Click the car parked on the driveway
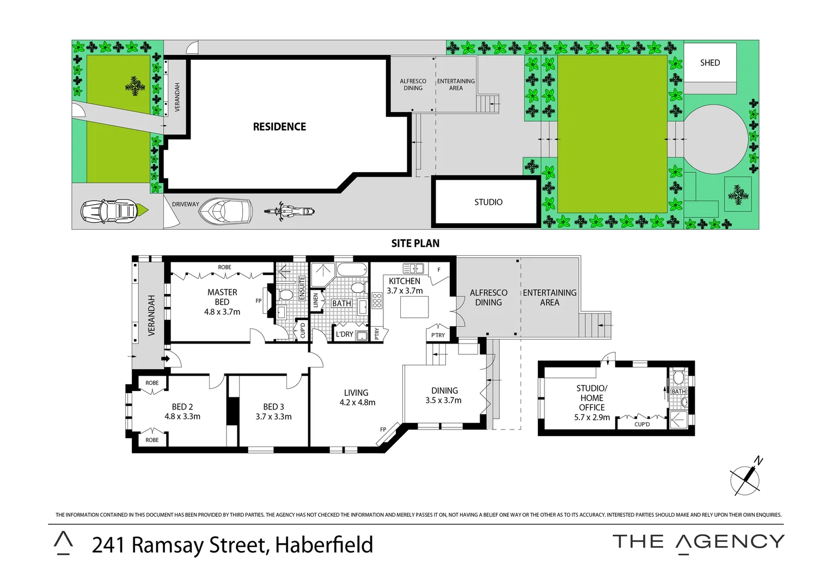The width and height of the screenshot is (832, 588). click(x=109, y=211)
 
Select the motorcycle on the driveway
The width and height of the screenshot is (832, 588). click(x=289, y=211)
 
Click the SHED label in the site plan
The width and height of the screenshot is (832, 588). click(x=709, y=63)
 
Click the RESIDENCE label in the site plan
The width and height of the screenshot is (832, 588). click(x=279, y=127)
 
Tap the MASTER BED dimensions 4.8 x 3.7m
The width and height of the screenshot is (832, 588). click(x=222, y=312)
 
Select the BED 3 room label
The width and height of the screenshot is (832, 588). click(x=273, y=407)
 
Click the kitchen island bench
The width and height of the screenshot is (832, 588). click(x=414, y=307)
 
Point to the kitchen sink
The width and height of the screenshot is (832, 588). click(x=413, y=268)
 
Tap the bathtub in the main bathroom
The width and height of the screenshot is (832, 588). click(x=352, y=270)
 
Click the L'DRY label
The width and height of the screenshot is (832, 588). click(x=344, y=334)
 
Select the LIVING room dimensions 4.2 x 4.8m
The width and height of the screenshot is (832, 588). click(x=357, y=403)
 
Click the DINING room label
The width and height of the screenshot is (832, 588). click(x=444, y=390)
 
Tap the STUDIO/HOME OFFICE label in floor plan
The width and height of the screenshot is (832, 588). click(x=591, y=398)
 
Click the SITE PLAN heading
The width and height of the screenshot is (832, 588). click(x=415, y=243)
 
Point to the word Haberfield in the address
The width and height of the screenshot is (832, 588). click(x=324, y=545)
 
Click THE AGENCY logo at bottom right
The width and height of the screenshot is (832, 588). click(x=698, y=542)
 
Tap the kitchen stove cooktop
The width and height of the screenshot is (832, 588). click(x=377, y=301)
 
